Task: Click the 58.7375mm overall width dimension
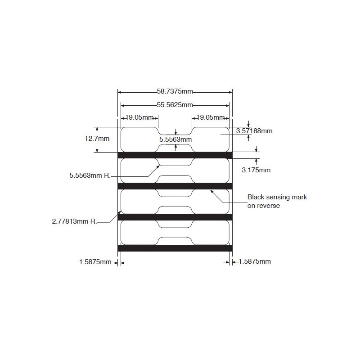pos(175,91)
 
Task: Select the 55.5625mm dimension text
pos(175,105)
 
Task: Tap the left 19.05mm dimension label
pos(140,117)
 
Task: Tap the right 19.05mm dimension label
pos(211,117)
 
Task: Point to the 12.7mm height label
pos(97,139)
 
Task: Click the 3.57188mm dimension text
pos(254,131)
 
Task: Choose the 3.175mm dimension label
pos(256,170)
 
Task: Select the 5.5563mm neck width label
pos(175,139)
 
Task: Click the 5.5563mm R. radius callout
pos(90,175)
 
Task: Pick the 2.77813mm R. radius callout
pos(75,221)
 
